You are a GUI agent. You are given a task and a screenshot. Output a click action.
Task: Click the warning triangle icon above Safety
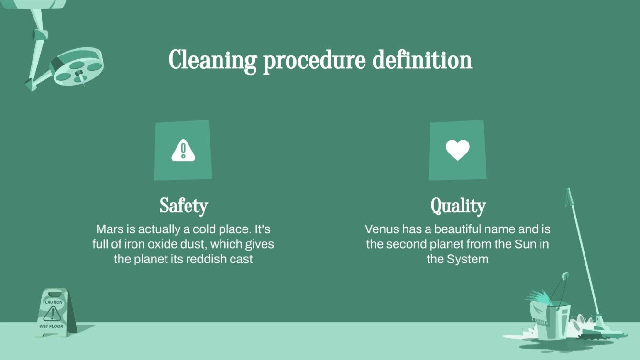point(183,150)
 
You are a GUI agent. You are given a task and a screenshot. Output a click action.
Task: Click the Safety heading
point(184,206)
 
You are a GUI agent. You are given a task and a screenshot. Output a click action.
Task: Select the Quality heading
point(458,206)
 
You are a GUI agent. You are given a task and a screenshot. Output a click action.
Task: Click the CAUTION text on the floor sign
point(54,302)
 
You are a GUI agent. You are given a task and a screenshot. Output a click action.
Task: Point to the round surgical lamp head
point(78,66)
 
